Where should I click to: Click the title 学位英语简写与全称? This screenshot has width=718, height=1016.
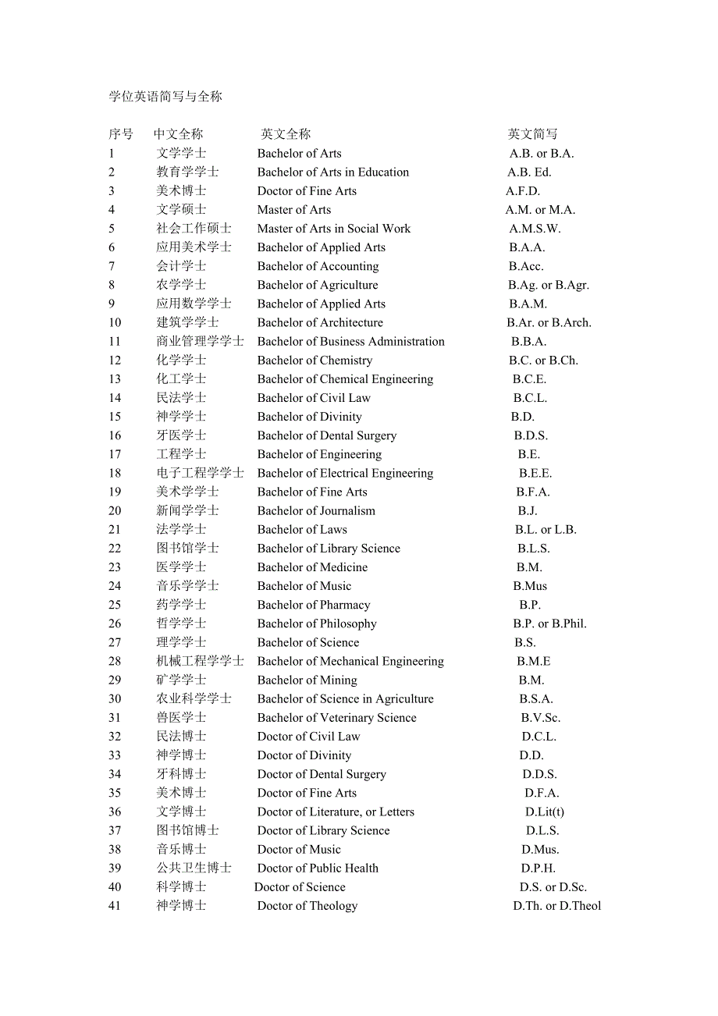point(165,97)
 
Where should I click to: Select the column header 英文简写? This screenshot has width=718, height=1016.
point(532,134)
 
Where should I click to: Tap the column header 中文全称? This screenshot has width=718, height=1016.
point(178,134)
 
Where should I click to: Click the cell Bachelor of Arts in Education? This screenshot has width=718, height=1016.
point(333,172)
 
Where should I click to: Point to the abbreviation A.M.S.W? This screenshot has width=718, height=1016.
point(535,229)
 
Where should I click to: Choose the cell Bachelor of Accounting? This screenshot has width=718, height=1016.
point(318,266)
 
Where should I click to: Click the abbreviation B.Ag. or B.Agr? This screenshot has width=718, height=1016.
point(548,285)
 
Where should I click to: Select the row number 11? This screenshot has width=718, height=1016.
point(115,342)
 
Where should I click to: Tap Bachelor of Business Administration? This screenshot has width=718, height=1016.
point(350,342)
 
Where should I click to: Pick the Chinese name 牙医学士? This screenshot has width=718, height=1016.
point(181,435)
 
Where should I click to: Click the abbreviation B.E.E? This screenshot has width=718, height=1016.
point(535,473)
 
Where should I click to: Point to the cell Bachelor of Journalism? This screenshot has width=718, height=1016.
point(316,511)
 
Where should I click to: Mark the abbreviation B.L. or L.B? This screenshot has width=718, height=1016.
point(546,530)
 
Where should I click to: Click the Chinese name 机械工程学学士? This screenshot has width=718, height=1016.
point(200,661)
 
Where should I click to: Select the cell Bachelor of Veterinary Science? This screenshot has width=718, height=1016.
point(336,718)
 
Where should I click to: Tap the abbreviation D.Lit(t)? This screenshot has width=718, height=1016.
point(544,812)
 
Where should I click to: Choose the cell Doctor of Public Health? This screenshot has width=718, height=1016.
point(318,869)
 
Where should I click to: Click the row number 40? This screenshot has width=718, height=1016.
point(115,887)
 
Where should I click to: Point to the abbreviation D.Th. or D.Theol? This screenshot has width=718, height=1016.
point(556,906)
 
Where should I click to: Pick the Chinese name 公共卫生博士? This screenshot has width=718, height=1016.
point(194,869)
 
